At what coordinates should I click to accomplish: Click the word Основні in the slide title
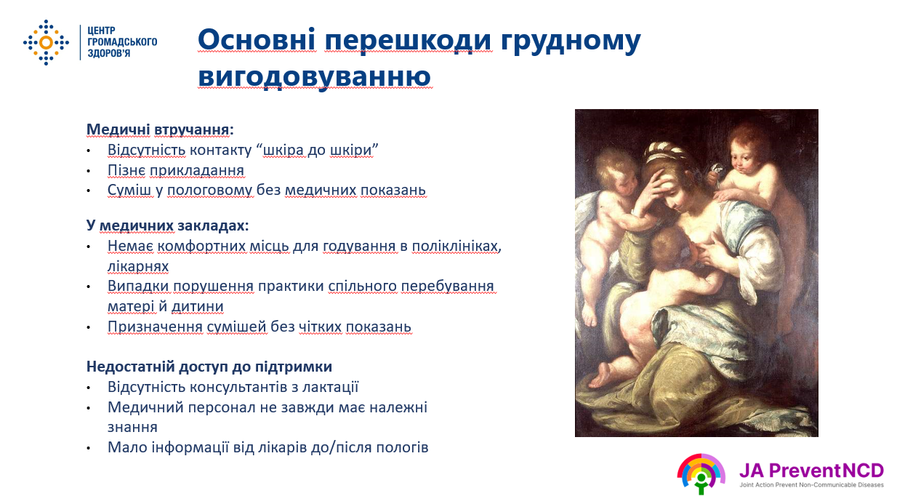point(257,40)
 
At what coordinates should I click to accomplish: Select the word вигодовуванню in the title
point(315,76)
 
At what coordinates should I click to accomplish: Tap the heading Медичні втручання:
point(160,129)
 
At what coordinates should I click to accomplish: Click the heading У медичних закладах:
point(167,225)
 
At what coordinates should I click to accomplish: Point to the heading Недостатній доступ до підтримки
point(209,367)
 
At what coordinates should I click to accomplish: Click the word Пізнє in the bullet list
point(126,171)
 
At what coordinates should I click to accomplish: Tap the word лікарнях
point(138,267)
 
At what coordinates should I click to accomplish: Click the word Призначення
point(155,327)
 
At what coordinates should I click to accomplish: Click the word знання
point(132,427)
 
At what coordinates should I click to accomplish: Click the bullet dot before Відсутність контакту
point(89,151)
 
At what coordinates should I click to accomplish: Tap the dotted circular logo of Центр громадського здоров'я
point(46,42)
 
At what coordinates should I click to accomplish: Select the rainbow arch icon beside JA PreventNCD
point(701,473)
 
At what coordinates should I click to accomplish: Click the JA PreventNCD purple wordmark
point(811,471)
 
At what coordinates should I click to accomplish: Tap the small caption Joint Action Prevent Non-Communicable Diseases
point(811,485)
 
